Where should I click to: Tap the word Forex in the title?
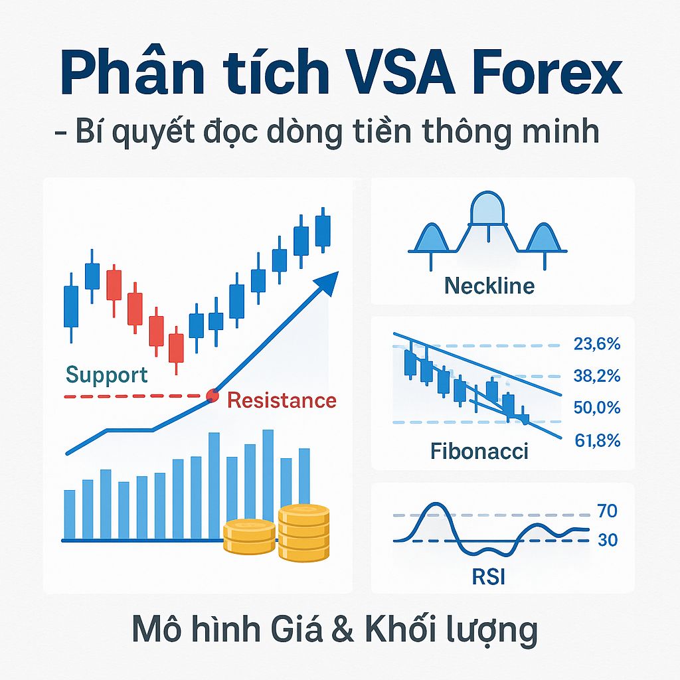543,75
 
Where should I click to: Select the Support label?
106,375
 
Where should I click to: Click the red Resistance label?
282,400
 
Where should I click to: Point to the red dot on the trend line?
212,396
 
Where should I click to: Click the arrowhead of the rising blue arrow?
327,282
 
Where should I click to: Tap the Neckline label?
489,286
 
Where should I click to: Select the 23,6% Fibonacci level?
596,344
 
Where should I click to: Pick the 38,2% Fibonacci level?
596,376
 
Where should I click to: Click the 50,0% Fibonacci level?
596,408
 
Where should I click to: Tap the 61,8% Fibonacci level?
596,440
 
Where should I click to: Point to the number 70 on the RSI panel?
607,511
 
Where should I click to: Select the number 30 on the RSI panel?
607,541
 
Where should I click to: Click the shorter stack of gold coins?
249,537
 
